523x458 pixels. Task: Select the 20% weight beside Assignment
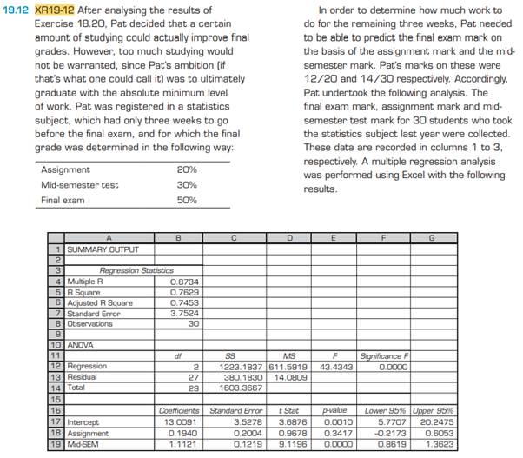186,170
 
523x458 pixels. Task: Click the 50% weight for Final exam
186,200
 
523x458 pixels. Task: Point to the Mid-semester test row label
80,185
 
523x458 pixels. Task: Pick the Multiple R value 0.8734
188,282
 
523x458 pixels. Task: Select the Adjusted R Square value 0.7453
188,302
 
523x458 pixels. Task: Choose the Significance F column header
383,355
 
